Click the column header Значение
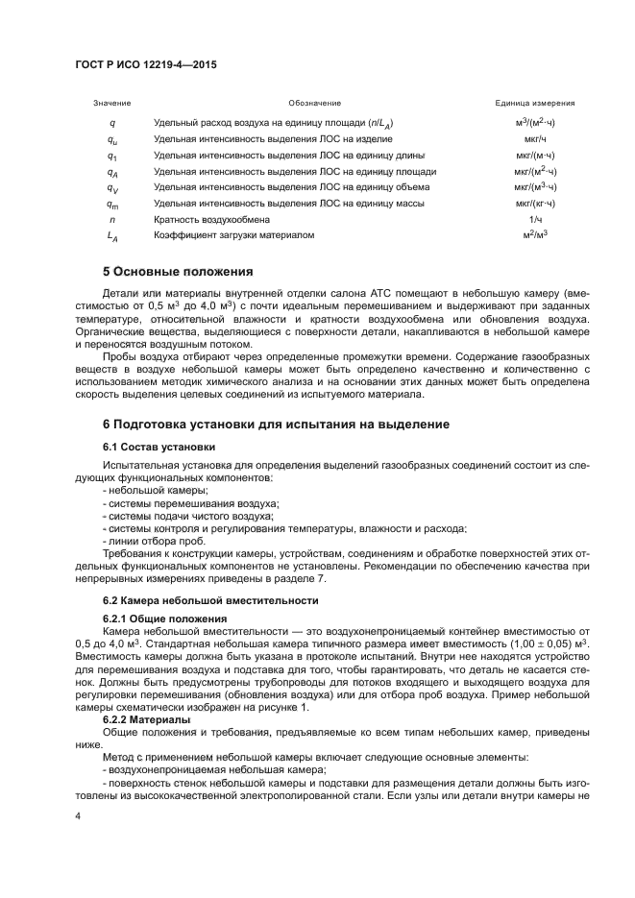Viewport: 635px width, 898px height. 111,103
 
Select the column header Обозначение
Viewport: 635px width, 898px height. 314,103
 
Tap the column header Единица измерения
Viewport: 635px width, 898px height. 535,103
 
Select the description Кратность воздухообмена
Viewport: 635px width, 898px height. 211,219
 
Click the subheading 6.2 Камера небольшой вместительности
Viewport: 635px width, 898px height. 209,600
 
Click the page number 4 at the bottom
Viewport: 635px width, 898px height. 78,815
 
